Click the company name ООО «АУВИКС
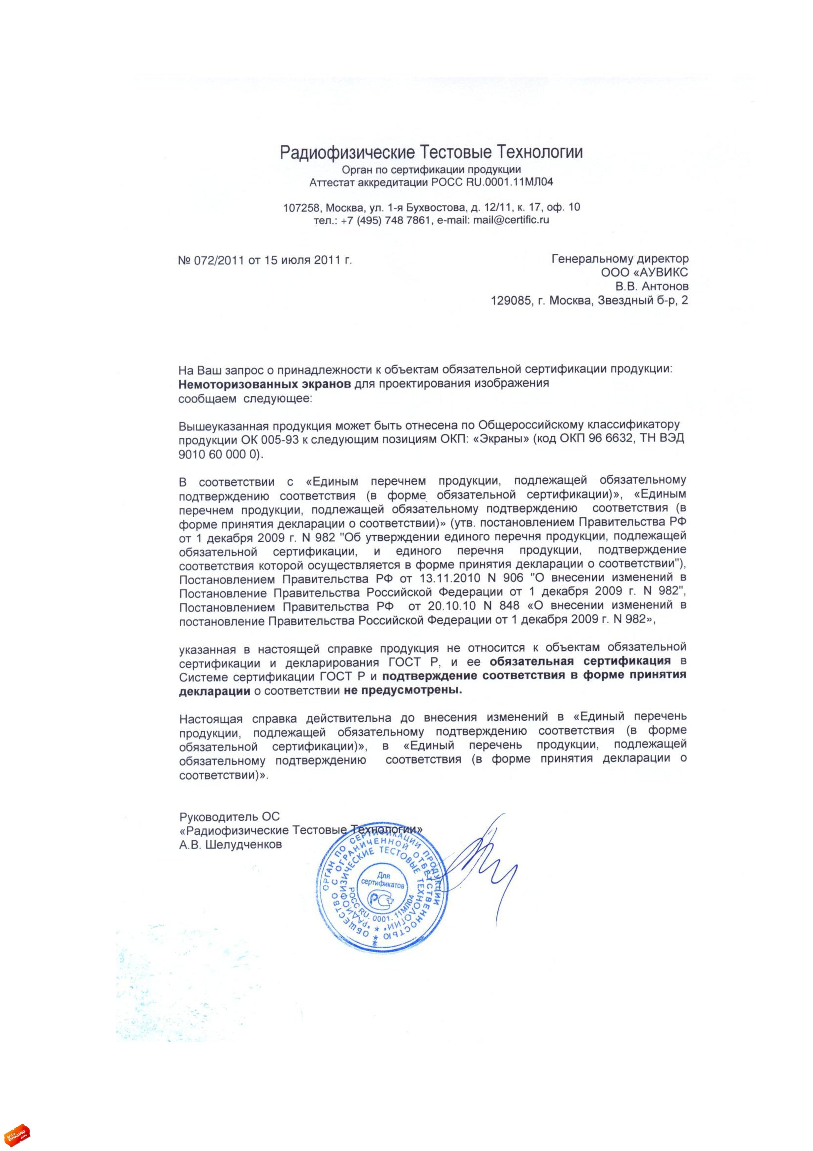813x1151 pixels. coord(645,272)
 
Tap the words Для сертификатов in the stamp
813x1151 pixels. coord(383,880)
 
